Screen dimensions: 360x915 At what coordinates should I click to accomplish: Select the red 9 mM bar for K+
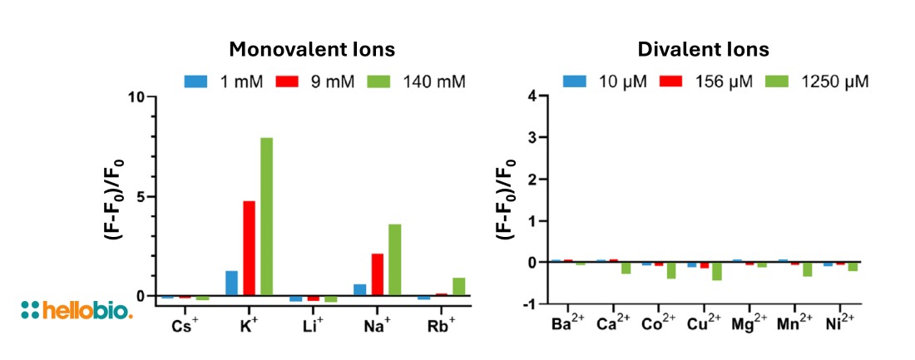249,248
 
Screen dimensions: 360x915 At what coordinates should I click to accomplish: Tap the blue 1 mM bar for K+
231,283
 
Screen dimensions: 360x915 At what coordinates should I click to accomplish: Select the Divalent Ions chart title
703,49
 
